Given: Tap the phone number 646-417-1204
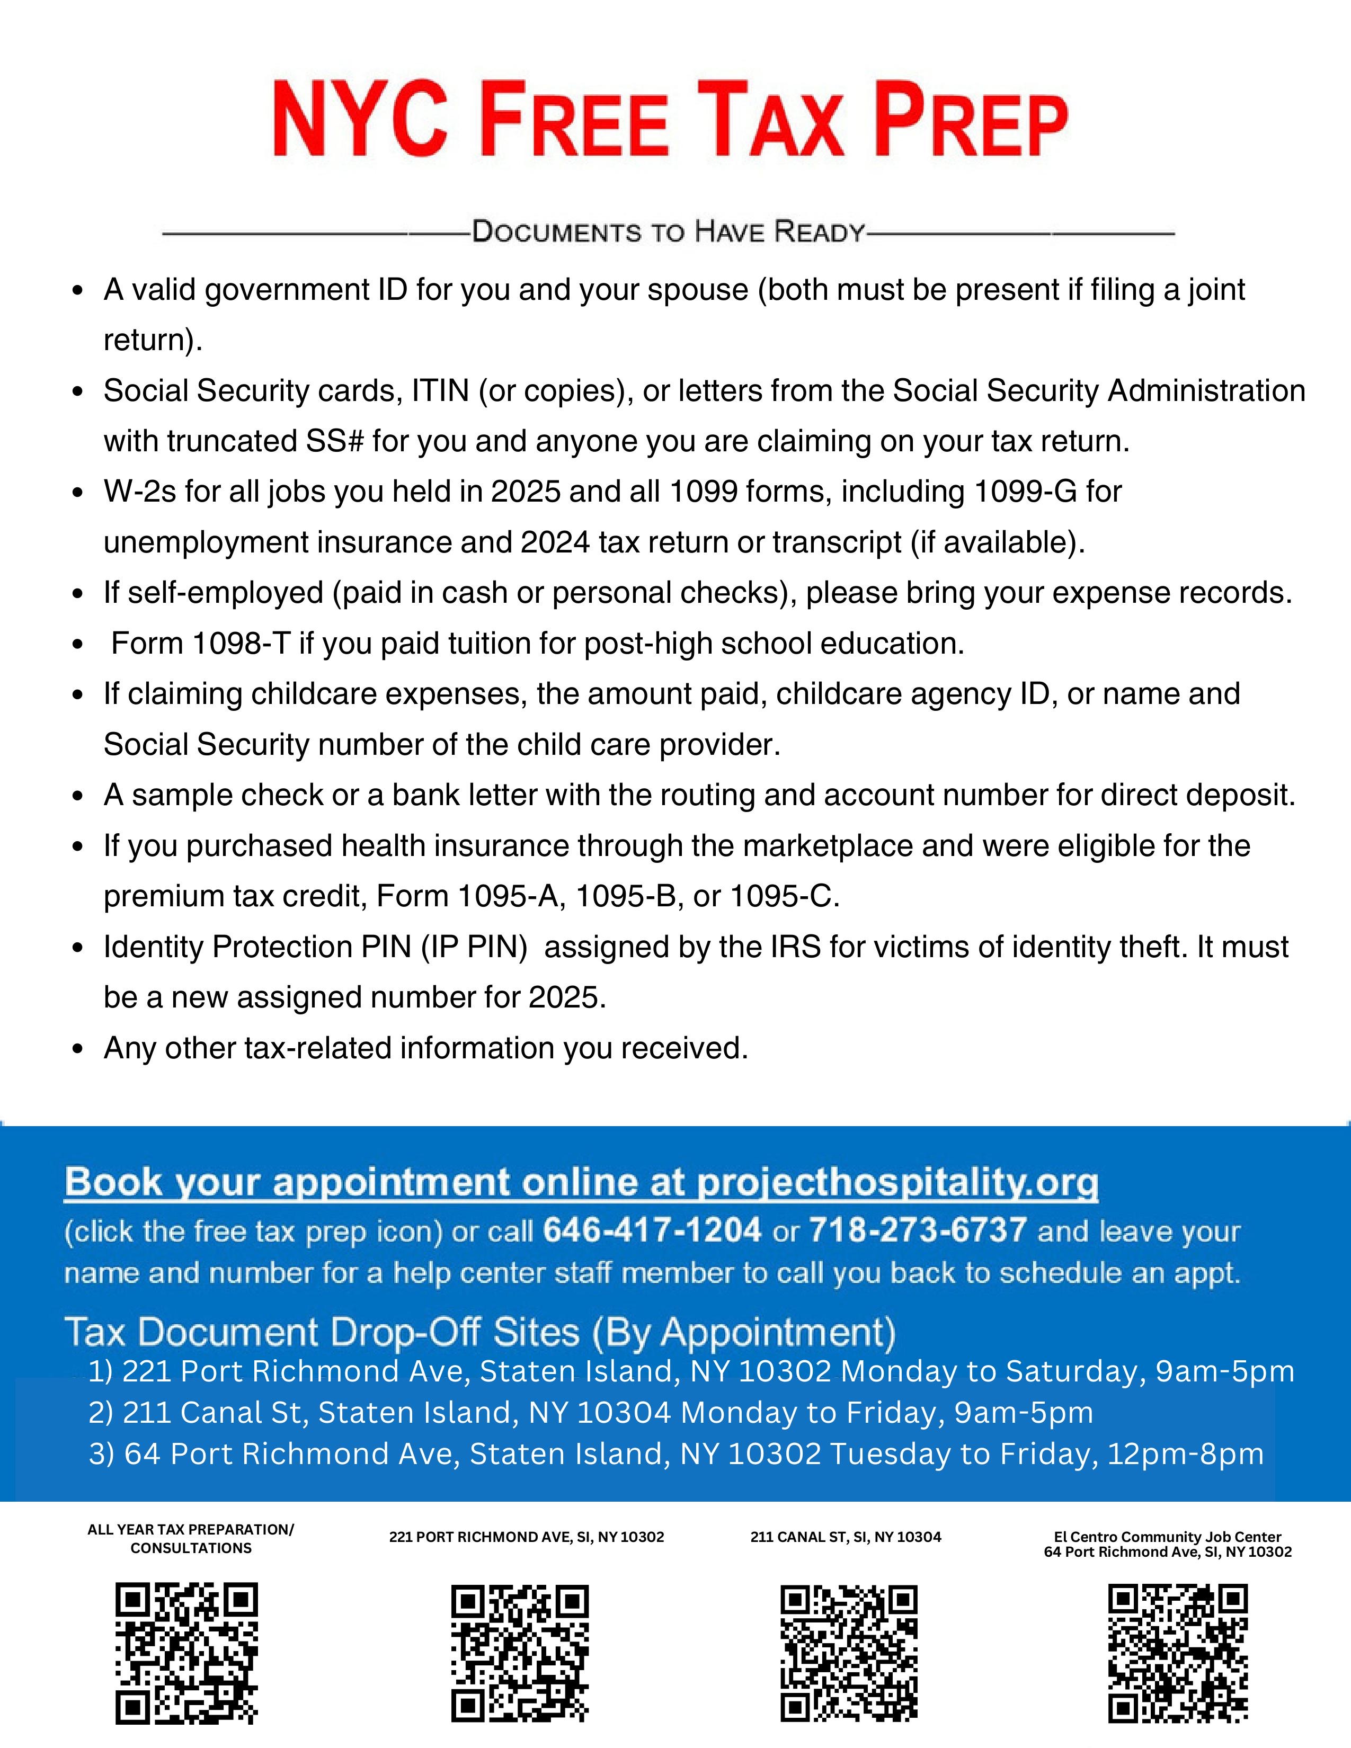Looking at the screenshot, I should [652, 1229].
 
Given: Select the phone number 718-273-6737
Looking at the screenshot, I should [918, 1229].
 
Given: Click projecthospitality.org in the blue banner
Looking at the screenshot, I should [898, 1182].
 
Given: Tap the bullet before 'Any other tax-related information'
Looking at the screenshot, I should [78, 1049].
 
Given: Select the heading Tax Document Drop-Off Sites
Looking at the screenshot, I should [480, 1332].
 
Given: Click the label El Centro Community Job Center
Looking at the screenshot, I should [1167, 1537].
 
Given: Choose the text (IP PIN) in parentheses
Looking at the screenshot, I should [474, 947].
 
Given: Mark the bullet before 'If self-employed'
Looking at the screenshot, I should [78, 594].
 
